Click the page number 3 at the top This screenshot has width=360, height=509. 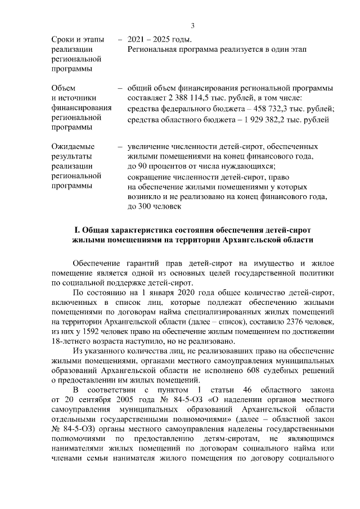192,25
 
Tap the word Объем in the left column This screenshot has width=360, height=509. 62,88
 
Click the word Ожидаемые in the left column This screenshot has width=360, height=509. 71,147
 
